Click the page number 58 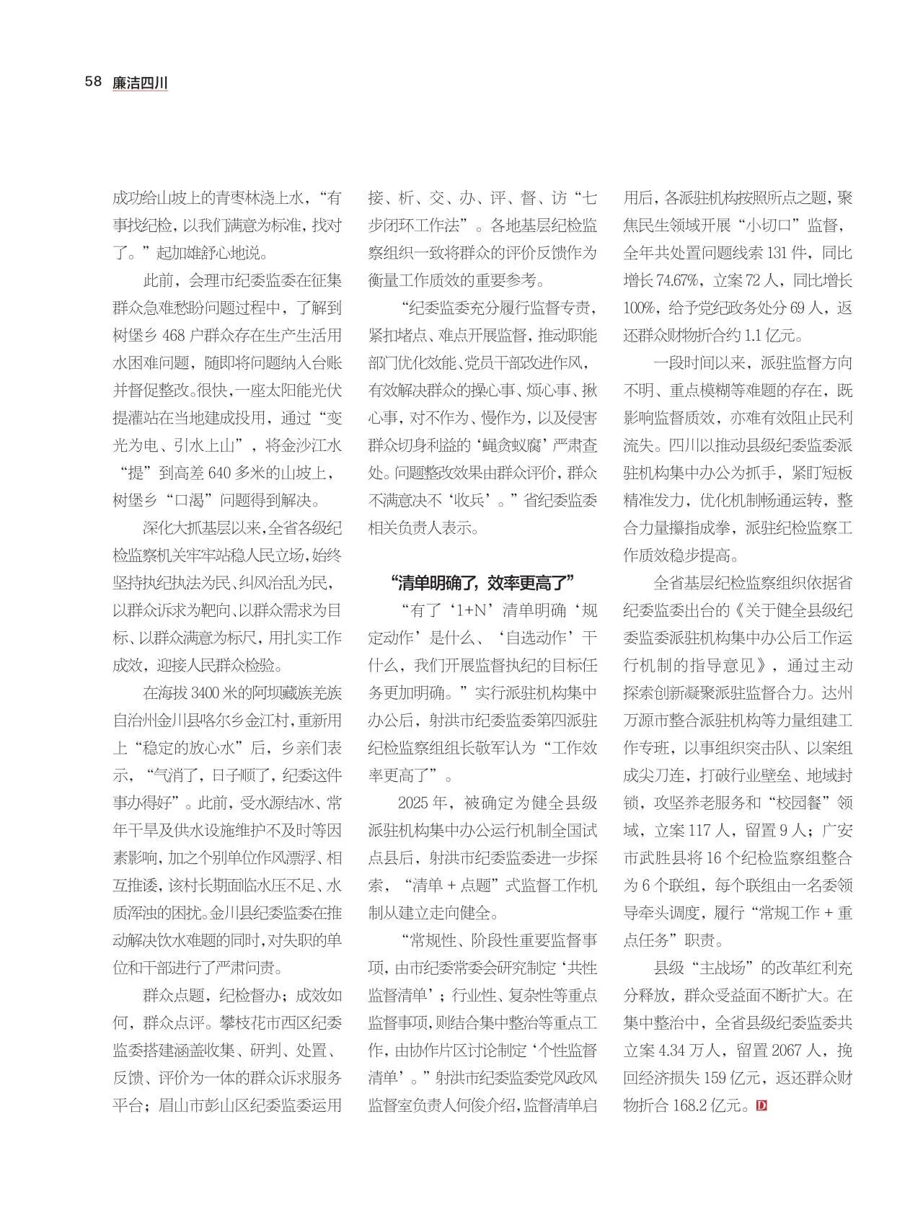coord(93,81)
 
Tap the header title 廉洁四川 coord(140,83)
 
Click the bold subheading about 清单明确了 coord(480,582)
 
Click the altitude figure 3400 coord(206,693)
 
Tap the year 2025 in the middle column coord(413,803)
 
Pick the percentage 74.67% coord(656,281)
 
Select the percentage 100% coord(639,308)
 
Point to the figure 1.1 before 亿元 coord(753,336)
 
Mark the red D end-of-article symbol coord(761,1105)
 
